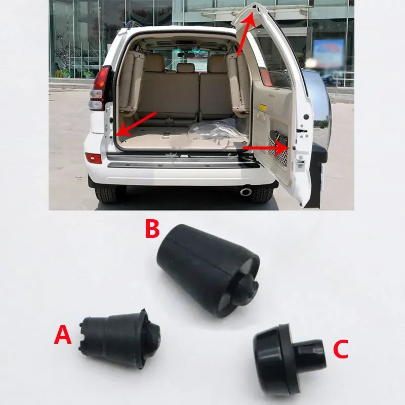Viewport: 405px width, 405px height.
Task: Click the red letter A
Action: (x=63, y=335)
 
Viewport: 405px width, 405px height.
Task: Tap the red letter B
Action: (x=152, y=228)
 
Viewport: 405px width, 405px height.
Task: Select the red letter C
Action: (x=340, y=349)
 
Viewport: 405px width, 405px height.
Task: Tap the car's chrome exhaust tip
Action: (x=248, y=191)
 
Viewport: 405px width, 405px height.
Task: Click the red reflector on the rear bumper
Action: (x=94, y=158)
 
